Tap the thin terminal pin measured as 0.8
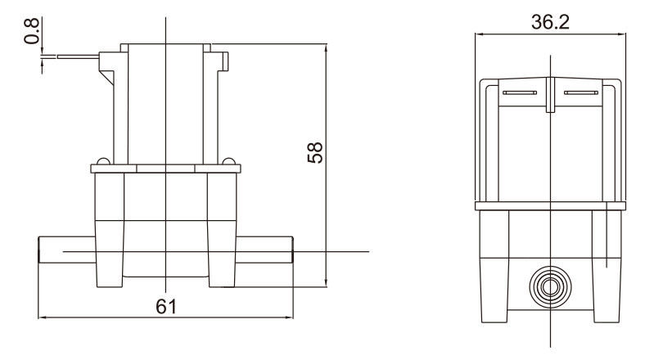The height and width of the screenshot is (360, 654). point(79,57)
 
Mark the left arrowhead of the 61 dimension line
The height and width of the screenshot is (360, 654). point(43,317)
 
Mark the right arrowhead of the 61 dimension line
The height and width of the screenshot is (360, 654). point(289,317)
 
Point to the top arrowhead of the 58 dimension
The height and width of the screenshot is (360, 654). point(327,47)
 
